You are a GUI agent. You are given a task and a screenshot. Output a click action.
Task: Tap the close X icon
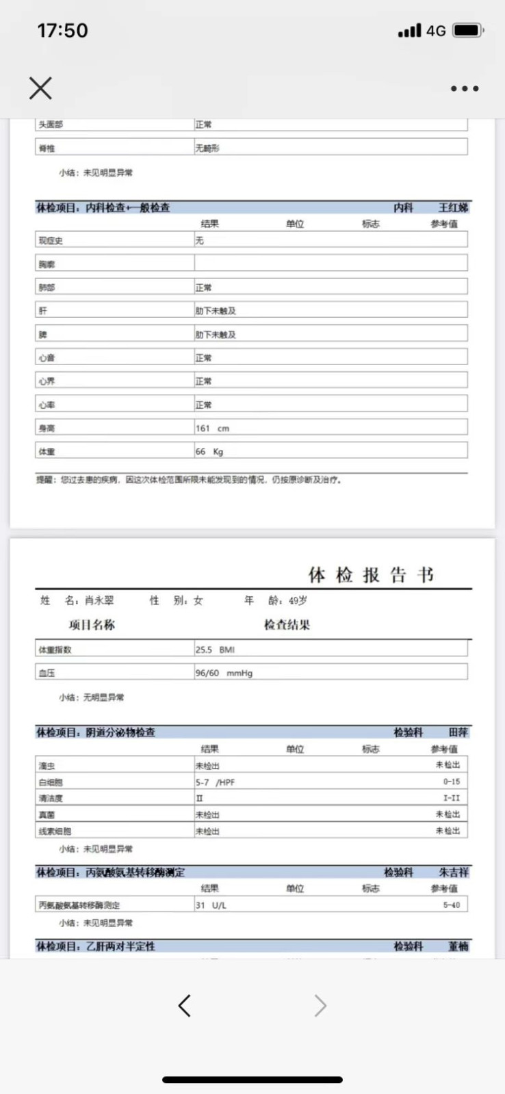[40, 88]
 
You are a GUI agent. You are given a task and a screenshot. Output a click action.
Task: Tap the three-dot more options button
[465, 88]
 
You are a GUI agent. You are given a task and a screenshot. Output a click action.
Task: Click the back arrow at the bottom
[184, 1005]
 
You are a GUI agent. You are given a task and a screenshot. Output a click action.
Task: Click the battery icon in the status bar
[468, 31]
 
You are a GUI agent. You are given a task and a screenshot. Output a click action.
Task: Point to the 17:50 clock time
[62, 31]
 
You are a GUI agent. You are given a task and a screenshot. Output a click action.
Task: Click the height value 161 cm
[212, 429]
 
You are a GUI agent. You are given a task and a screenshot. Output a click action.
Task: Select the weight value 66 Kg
[209, 452]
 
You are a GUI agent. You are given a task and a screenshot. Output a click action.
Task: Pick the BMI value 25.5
[215, 650]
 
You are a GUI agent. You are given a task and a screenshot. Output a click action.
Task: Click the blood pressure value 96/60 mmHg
[224, 673]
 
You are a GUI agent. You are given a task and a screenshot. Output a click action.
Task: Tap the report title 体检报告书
[371, 575]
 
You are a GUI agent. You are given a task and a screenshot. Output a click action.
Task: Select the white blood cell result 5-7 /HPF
[215, 782]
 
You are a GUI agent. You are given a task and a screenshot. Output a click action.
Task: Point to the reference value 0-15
[451, 782]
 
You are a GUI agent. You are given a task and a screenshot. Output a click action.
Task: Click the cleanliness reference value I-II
[451, 798]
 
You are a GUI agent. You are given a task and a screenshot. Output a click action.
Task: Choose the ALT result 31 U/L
[211, 905]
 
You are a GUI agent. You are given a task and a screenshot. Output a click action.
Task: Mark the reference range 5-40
[451, 905]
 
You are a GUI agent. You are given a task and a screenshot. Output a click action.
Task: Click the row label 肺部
[47, 288]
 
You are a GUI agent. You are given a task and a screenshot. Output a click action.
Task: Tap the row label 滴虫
[47, 766]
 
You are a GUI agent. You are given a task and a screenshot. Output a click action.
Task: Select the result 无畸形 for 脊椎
[207, 148]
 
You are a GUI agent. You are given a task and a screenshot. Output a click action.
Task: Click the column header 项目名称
[92, 625]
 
